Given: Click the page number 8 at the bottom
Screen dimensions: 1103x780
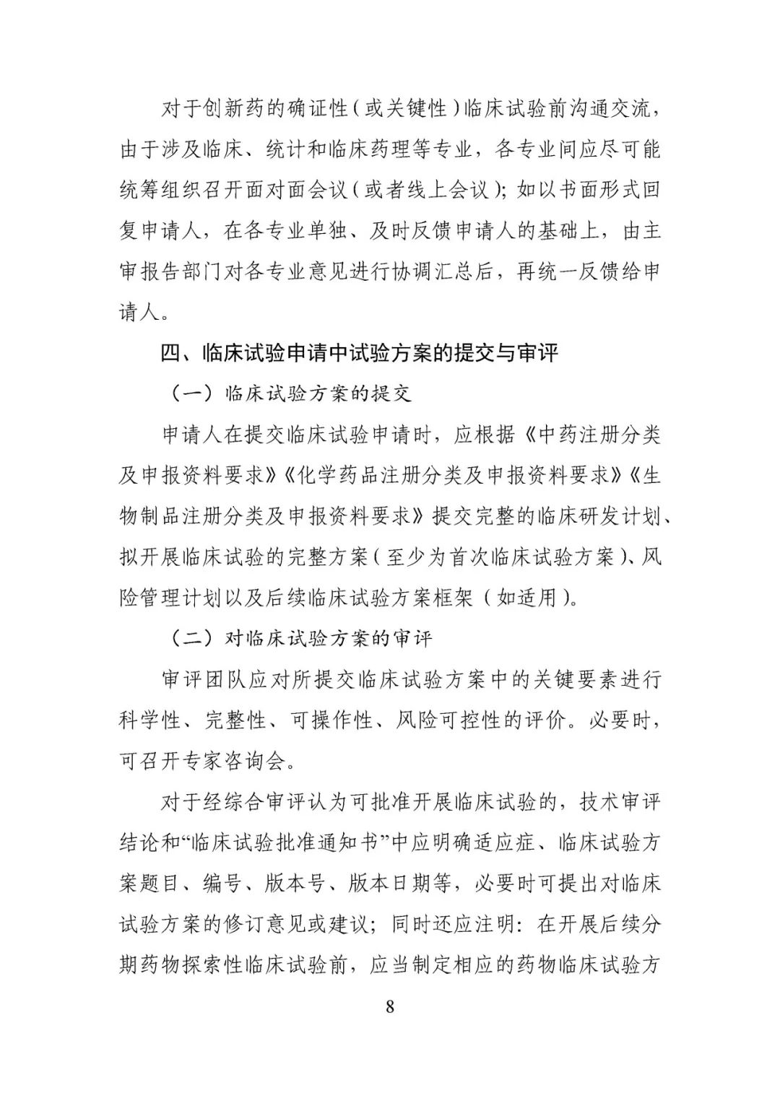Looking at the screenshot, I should [390, 1006].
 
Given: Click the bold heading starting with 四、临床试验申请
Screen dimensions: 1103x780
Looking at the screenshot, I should [359, 354].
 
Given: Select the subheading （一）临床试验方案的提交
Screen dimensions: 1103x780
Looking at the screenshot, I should [291, 394].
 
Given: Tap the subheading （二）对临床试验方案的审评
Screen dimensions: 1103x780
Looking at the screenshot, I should [301, 638].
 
